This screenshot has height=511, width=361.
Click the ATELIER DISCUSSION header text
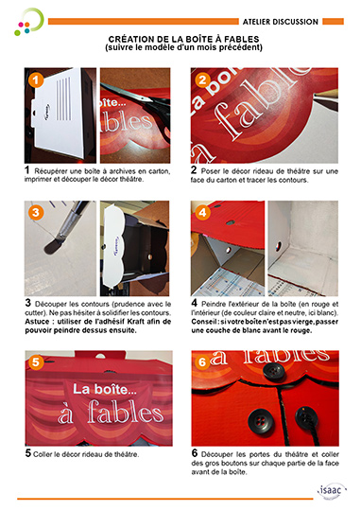[281, 22]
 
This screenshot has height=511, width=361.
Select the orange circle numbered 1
[36, 79]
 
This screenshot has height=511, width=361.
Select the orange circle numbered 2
[202, 79]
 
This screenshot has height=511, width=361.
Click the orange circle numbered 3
[36, 213]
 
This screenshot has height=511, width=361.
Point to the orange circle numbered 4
[202, 213]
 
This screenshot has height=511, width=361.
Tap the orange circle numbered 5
[36, 362]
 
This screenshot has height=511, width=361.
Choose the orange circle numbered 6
[202, 362]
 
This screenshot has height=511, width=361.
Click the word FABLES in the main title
[242, 39]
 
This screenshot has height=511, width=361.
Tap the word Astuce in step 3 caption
[37, 322]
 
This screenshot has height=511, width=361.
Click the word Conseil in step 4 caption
[204, 322]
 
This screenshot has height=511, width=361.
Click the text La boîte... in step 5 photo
[105, 389]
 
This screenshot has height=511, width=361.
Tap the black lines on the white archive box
[63, 98]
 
